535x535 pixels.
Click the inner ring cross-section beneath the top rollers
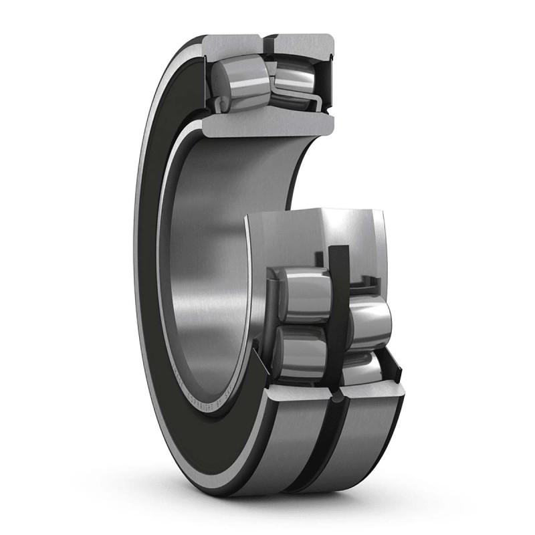pos(267,124)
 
